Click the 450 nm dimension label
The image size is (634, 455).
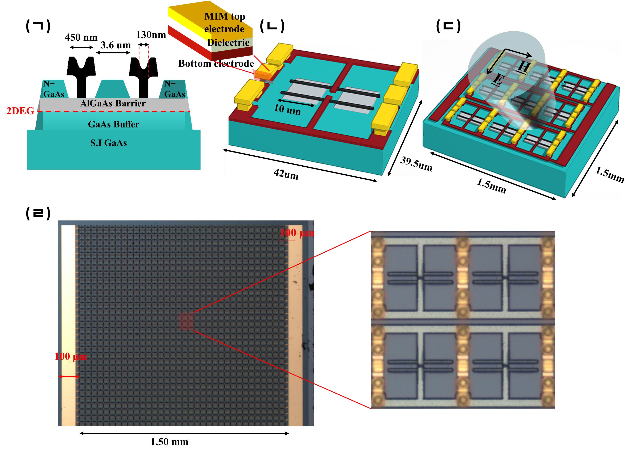tap(81, 37)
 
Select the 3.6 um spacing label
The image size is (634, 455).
tap(116, 45)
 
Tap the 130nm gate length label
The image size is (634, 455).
tap(151, 35)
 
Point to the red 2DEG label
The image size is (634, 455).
tap(20, 111)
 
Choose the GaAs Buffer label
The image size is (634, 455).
tap(113, 124)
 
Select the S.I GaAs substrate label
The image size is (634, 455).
tap(108, 143)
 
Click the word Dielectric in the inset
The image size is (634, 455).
tap(228, 42)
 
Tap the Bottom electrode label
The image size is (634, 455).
tap(216, 64)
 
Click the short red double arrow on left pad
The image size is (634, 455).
tap(69, 377)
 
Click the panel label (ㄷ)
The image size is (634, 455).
tap(448, 27)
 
